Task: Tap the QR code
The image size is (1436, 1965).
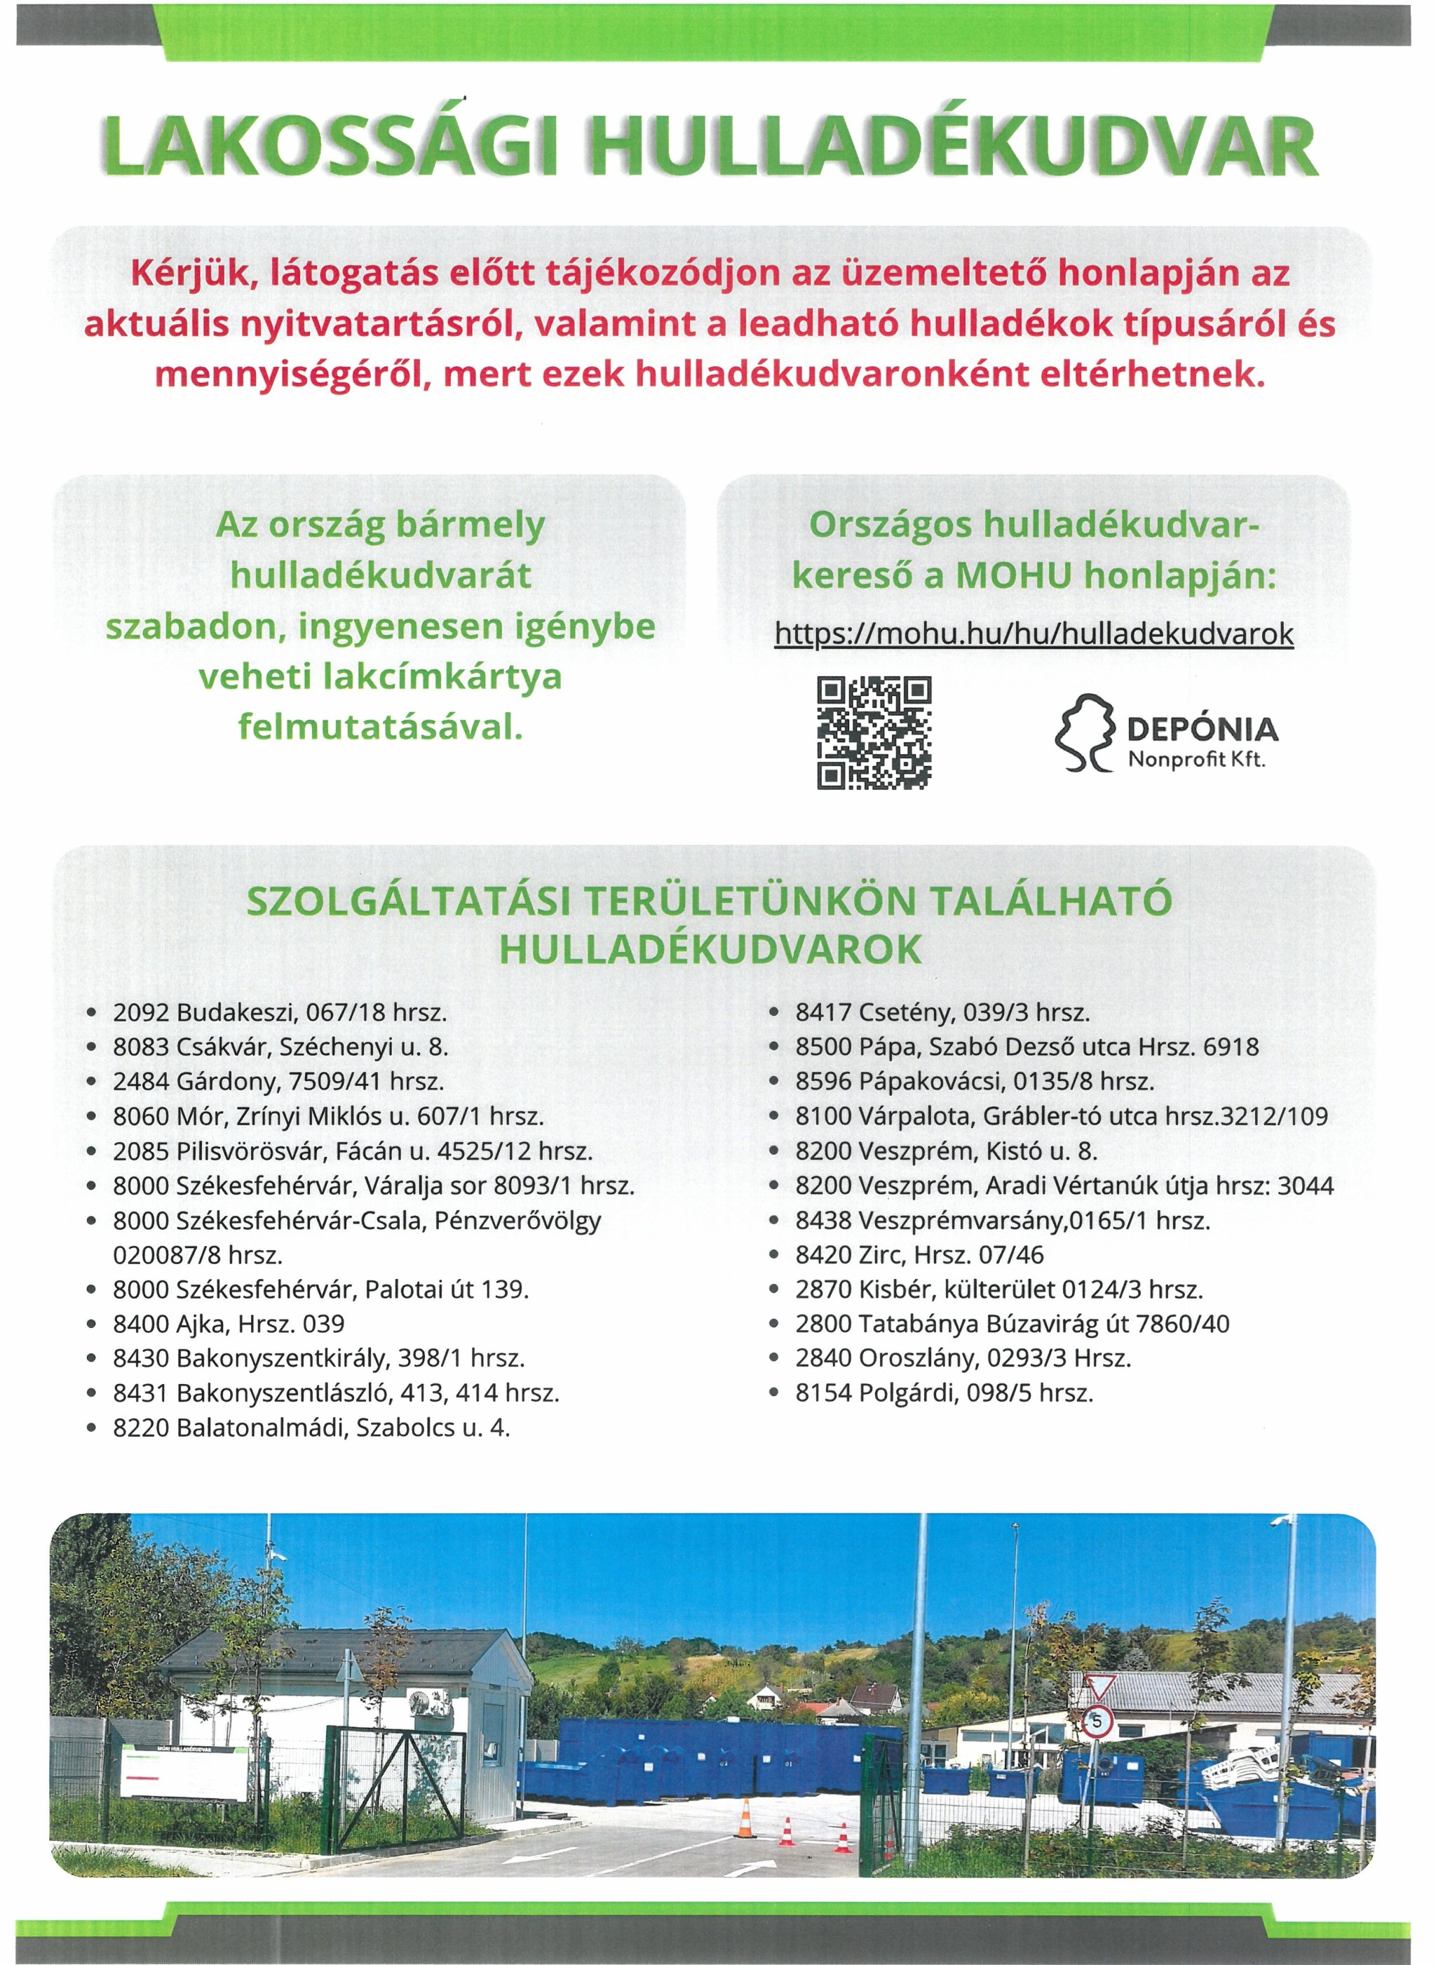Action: (x=874, y=733)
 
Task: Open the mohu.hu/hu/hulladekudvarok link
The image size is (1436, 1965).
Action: (x=1034, y=634)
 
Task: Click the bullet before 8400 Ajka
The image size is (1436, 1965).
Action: (x=91, y=1325)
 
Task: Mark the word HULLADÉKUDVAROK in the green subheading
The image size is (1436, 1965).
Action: (x=710, y=951)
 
